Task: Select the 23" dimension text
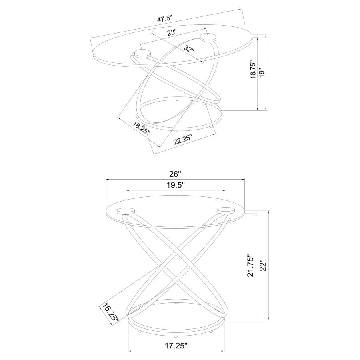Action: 172,33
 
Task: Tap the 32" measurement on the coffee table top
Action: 190,49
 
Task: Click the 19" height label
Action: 262,72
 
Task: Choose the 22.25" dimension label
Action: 183,140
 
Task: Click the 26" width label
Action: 174,174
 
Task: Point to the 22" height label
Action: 262,267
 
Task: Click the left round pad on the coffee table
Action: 142,53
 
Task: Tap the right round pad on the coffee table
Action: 208,38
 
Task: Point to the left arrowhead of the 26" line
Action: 107,180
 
